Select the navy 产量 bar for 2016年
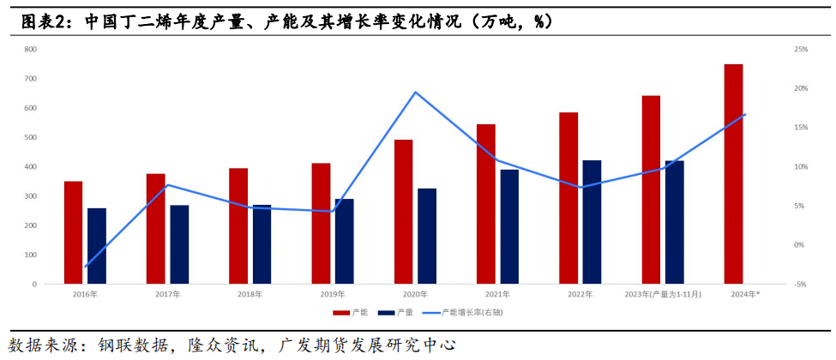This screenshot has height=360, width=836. click(97, 246)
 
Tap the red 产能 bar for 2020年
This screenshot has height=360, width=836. click(403, 212)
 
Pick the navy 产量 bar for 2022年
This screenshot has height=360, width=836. click(592, 222)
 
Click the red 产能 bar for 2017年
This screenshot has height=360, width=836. click(155, 229)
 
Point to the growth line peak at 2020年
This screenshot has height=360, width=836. click(416, 92)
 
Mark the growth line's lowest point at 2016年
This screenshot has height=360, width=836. click(85, 267)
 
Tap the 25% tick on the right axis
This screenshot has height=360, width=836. click(801, 49)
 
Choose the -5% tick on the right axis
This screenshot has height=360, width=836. click(801, 284)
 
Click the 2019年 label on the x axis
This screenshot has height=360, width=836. click(333, 294)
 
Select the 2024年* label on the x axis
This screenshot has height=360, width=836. click(744, 294)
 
